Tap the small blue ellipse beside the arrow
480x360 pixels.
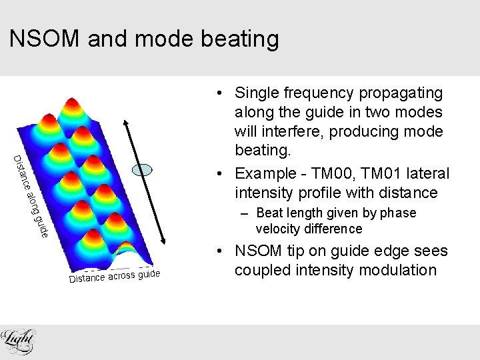(x=142, y=170)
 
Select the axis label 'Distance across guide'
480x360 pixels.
(x=115, y=275)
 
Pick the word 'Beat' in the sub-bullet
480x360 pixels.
(x=269, y=213)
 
